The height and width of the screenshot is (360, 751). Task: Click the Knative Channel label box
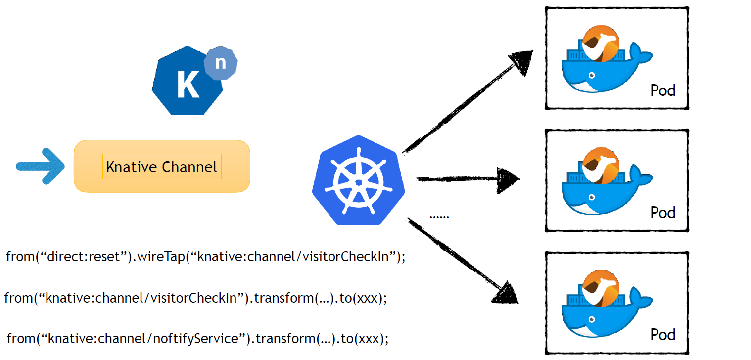click(x=162, y=167)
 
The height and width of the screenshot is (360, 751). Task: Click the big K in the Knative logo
click(x=188, y=85)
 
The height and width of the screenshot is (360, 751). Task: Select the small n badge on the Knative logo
click(x=220, y=64)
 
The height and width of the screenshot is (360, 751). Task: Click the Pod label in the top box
click(x=662, y=91)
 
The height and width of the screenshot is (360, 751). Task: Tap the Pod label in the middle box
click(x=662, y=213)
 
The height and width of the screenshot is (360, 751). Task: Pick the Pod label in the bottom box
click(x=662, y=335)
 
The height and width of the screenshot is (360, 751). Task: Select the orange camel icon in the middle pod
click(x=600, y=166)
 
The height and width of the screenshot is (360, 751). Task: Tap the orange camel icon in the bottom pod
click(x=600, y=287)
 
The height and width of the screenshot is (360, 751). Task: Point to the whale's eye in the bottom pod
click(x=591, y=319)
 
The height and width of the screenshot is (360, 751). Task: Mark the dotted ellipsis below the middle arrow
click(x=439, y=216)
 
